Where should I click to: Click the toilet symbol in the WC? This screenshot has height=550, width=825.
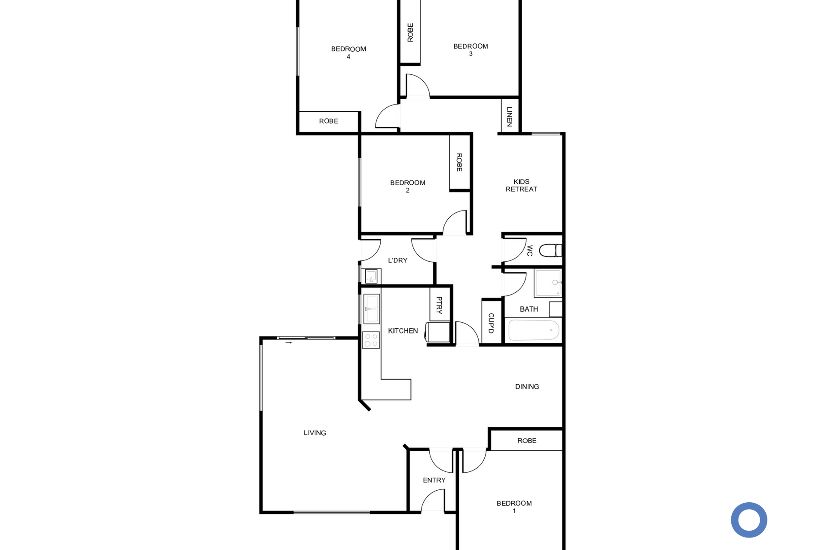tap(550, 250)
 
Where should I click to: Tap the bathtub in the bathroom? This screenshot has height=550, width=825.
tap(534, 330)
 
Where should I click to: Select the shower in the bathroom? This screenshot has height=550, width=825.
tap(548, 283)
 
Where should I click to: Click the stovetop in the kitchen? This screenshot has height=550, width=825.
tap(371, 340)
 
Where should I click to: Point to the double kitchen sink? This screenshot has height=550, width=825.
tap(372, 309)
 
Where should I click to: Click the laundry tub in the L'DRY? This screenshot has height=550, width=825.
tap(371, 276)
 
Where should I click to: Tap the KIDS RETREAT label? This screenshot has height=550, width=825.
tap(521, 185)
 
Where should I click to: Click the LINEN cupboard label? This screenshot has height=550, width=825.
tap(510, 116)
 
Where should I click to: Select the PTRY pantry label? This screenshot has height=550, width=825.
tap(439, 305)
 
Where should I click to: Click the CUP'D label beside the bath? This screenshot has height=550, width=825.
tap(491, 323)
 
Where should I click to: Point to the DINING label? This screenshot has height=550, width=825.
tap(527, 387)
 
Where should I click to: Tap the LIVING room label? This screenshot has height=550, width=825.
tap(315, 433)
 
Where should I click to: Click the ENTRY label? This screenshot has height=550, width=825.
tap(434, 480)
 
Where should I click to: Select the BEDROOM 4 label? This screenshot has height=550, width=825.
tap(348, 52)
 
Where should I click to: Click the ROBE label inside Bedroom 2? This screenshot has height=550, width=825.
tap(459, 162)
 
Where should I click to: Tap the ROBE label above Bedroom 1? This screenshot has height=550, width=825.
tap(527, 440)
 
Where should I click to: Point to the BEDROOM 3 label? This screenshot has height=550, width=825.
tap(471, 50)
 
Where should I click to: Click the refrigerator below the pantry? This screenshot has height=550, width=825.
tap(438, 332)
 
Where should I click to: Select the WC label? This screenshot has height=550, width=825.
tap(530, 251)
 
